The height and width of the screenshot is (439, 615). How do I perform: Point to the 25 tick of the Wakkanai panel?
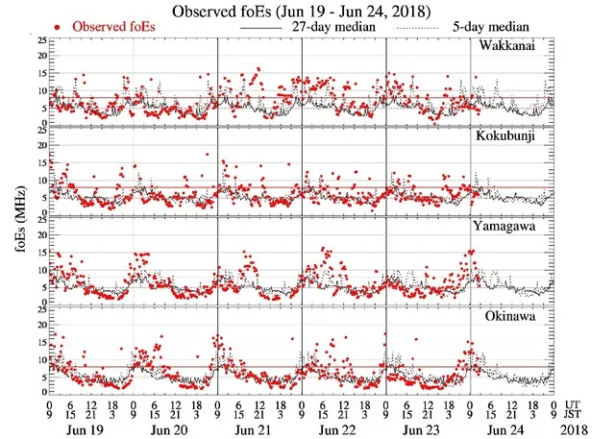[39, 41]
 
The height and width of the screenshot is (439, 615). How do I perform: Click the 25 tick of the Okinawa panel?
[39, 308]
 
